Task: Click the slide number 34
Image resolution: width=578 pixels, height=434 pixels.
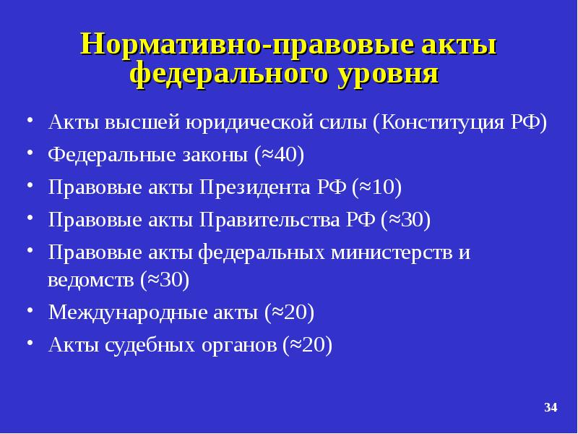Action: click(551, 409)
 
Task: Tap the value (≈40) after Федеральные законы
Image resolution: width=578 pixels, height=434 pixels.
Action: click(279, 155)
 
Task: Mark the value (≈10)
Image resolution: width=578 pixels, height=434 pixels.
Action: click(376, 188)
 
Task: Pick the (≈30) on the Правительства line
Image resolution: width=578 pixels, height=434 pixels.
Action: click(406, 221)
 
